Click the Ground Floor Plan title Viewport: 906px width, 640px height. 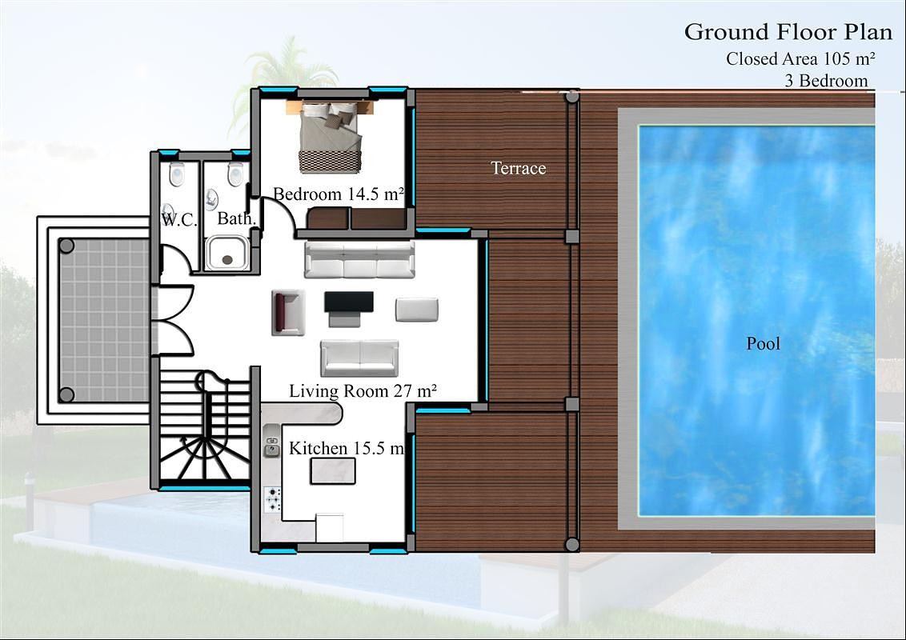click(x=788, y=32)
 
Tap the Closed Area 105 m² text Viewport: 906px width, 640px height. click(x=800, y=59)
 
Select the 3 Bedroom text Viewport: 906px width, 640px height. click(x=826, y=80)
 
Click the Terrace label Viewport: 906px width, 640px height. click(x=519, y=168)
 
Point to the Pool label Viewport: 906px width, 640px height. click(x=764, y=344)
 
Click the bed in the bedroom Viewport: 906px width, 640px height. click(x=331, y=137)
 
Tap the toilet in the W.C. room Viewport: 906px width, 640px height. click(x=177, y=174)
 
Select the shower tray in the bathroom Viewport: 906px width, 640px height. click(x=227, y=252)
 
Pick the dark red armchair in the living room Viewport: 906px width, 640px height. click(x=288, y=313)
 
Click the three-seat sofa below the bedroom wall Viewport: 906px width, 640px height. click(x=359, y=260)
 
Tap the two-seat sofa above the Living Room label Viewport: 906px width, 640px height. click(x=359, y=358)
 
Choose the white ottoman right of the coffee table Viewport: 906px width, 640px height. click(x=417, y=310)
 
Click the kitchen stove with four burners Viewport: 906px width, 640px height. click(x=273, y=500)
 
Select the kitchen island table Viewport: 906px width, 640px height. click(x=334, y=470)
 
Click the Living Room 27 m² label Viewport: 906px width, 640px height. click(x=363, y=391)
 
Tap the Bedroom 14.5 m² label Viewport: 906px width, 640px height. click(x=339, y=194)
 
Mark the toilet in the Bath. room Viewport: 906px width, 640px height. click(x=235, y=174)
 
